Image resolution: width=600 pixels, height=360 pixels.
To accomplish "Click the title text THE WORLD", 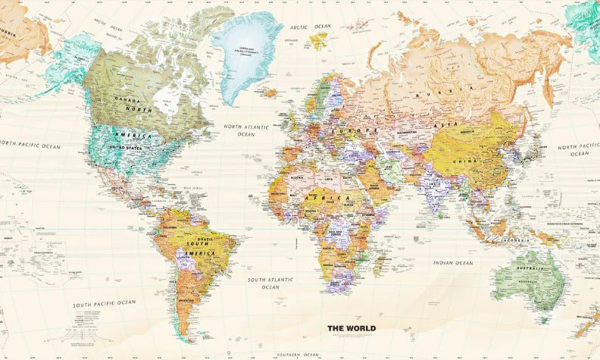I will point(351,328).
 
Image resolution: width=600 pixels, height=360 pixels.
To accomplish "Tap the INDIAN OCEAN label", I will point(453,263).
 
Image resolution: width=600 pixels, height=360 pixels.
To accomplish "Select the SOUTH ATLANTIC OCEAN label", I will point(270,283).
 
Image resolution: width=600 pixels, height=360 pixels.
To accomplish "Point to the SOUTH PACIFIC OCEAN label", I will point(105,303).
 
